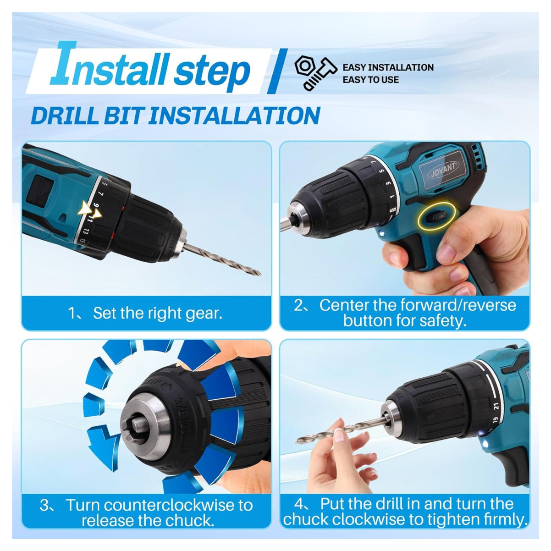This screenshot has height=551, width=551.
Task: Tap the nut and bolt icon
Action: (x=316, y=73)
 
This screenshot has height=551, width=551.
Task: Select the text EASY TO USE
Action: (x=370, y=80)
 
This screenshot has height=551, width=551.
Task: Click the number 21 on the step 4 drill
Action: (x=496, y=406)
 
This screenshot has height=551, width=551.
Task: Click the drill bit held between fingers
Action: (x=341, y=433)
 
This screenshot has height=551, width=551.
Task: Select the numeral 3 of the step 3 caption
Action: (x=44, y=505)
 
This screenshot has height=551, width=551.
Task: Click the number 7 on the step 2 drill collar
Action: (x=373, y=162)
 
